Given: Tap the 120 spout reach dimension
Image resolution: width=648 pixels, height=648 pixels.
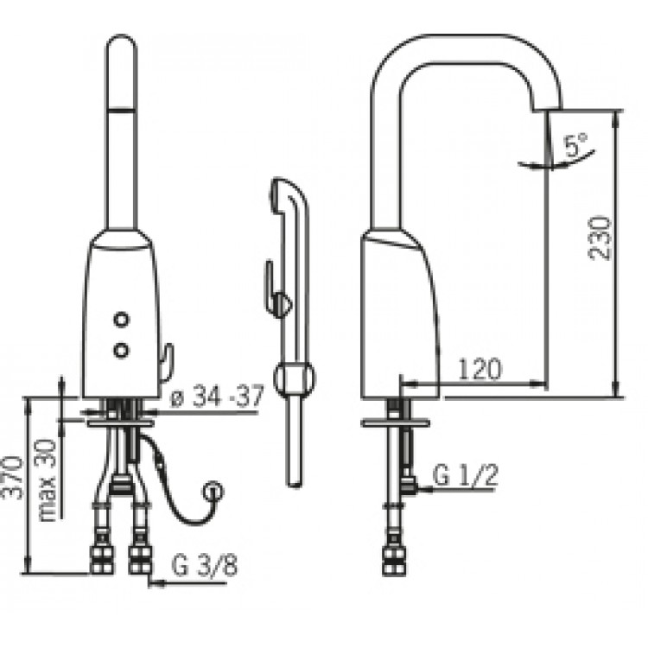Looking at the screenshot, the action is coord(480,369).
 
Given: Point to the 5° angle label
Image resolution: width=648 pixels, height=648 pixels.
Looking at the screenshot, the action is coord(576,143).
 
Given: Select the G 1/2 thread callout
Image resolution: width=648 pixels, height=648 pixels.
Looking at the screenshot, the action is coord(466,475).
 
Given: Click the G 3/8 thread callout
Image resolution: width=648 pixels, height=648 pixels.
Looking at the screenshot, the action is coord(205,565).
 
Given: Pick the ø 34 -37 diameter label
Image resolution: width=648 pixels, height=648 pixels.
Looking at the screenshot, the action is coord(217,397).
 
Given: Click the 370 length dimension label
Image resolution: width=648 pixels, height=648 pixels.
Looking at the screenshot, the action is coord(14,478).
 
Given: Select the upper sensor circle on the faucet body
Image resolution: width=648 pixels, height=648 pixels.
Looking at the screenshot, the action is coord(122,320).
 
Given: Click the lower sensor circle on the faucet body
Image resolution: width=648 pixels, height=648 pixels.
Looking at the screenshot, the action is coord(121,351).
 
